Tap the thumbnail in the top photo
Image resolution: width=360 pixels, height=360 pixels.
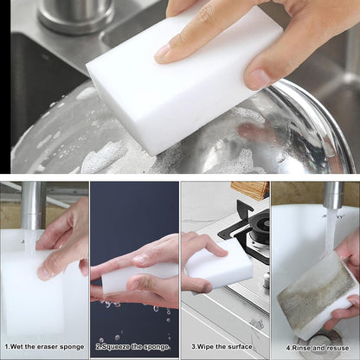pyautogui.click(x=257, y=79)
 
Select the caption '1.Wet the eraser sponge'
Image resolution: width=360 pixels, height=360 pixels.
pyautogui.click(x=45, y=347)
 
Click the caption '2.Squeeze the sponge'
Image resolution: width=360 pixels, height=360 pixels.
pyautogui.click(x=134, y=347)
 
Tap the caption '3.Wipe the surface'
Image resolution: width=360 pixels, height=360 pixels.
pyautogui.click(x=224, y=347)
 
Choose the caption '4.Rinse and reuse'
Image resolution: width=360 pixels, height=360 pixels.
pyautogui.click(x=315, y=347)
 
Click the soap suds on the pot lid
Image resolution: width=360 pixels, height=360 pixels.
pyautogui.click(x=104, y=156)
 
